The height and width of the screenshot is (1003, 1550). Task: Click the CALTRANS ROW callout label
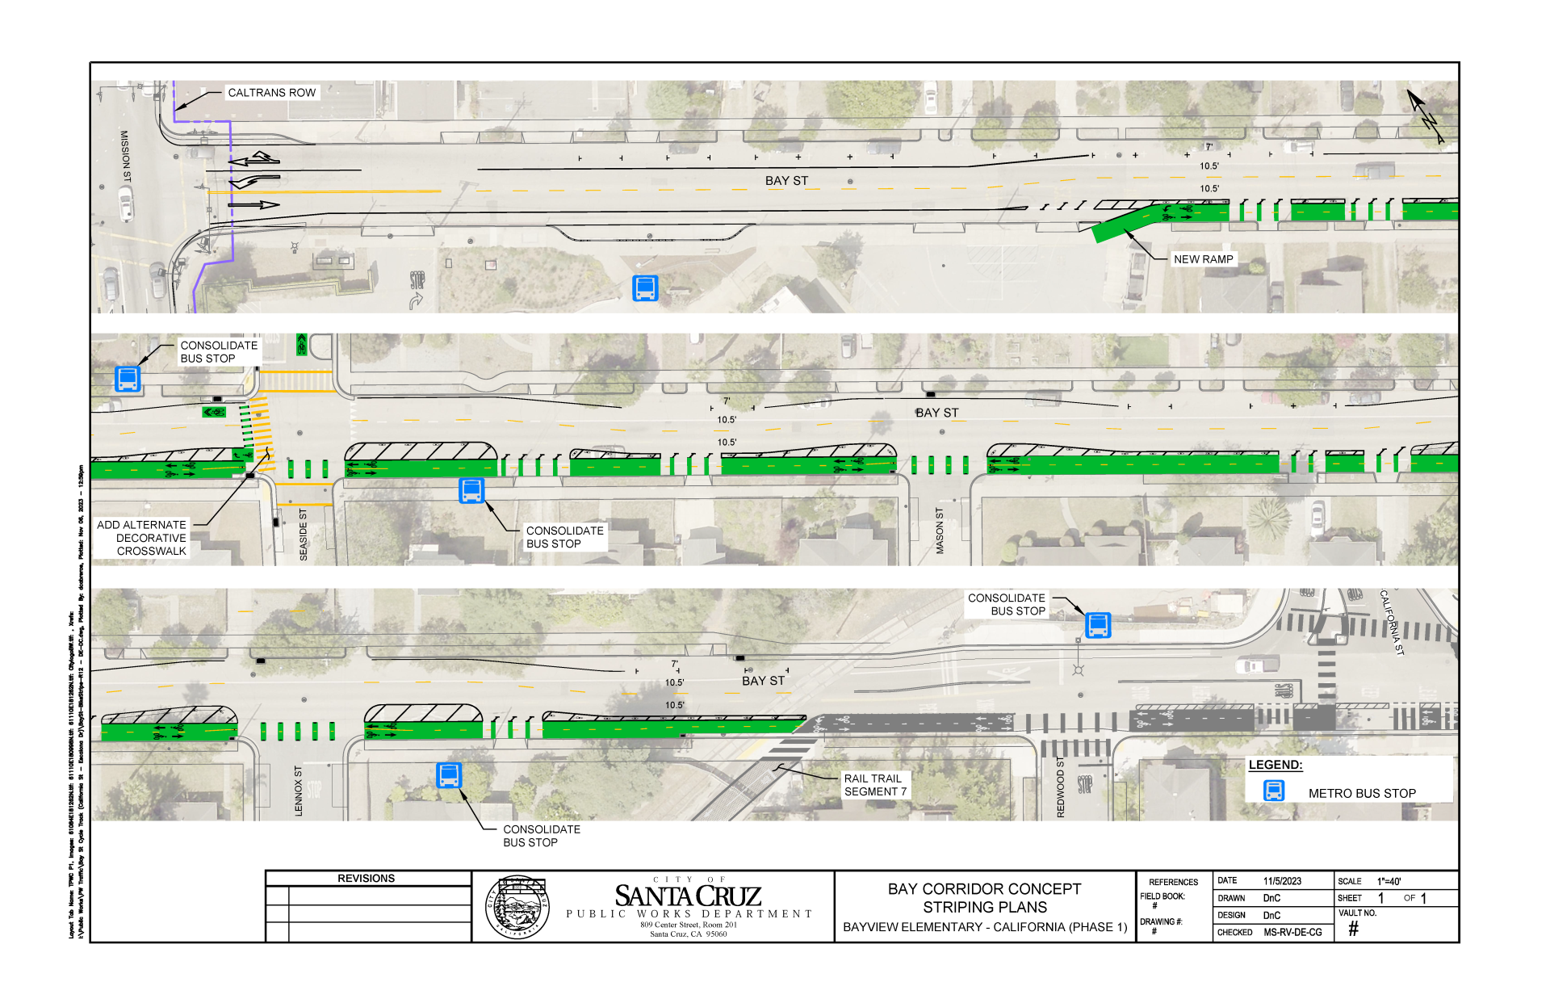click(271, 93)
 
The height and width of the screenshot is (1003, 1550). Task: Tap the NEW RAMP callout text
click(1203, 259)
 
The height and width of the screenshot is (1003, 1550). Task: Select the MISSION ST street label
click(125, 156)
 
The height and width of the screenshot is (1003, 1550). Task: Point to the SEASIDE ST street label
click(304, 535)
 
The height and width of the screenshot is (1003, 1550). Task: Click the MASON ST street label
click(940, 531)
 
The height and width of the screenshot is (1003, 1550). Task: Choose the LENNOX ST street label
click(299, 791)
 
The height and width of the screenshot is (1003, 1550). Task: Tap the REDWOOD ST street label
click(1061, 787)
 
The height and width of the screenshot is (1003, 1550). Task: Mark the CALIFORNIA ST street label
click(1392, 622)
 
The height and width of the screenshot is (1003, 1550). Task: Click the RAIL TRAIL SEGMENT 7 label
click(875, 785)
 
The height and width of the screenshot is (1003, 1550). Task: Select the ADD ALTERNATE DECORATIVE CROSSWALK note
click(142, 538)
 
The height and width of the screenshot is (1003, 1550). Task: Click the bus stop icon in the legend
click(1274, 791)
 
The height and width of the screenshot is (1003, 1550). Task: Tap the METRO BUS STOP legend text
click(1362, 794)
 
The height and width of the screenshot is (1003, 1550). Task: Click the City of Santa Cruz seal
click(517, 908)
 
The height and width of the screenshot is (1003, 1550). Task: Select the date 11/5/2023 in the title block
click(1282, 881)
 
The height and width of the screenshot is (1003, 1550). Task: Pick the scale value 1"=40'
click(1389, 881)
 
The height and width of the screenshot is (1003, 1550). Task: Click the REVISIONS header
click(366, 879)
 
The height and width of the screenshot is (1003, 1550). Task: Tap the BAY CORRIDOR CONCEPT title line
click(984, 889)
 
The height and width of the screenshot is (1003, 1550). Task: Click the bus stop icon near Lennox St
click(449, 775)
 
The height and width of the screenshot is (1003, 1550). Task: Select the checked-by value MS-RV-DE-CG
click(1292, 932)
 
